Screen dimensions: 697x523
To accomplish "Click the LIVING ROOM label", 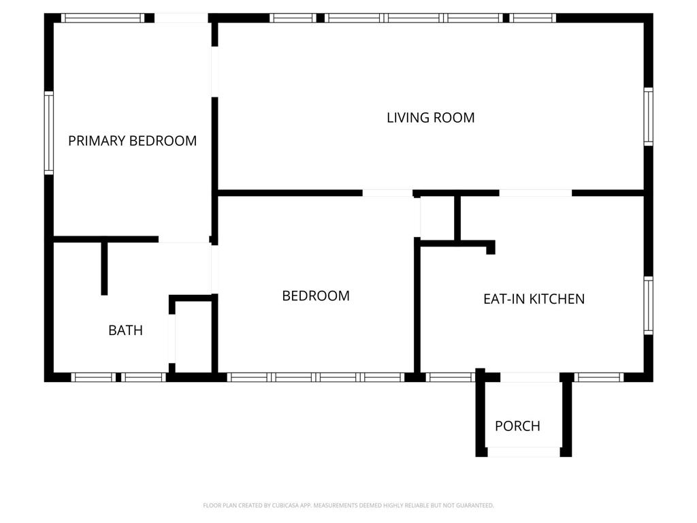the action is pos(430,118).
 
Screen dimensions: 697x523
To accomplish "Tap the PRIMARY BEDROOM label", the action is pos(133,141).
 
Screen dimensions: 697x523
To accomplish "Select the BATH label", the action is pos(125,330).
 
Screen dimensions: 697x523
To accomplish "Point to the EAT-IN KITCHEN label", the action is pos(534,299).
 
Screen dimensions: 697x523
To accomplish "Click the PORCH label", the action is pos(517,426).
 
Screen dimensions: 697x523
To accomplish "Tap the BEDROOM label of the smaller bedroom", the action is pos(316,296).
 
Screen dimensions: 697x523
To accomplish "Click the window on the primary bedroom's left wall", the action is pos(49,133).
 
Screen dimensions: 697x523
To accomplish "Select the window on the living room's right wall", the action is pos(649,116).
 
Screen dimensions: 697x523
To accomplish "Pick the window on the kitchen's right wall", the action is pos(649,306).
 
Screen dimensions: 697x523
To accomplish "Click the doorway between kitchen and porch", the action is pos(530,377).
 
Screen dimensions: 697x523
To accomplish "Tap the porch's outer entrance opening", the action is pos(523,452).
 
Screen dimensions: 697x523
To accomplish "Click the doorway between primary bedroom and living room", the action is pos(214,72).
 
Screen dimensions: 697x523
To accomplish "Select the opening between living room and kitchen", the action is pos(536,193).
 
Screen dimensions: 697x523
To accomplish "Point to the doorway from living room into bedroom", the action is pos(387,193).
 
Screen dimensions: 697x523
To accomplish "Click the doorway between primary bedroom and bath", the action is pos(184,239).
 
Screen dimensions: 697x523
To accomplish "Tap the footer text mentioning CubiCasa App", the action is pos(348,505).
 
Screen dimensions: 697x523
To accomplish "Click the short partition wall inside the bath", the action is pos(104,268).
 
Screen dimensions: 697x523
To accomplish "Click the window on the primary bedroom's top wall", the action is pos(103,18).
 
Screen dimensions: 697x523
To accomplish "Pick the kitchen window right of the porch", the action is pos(599,377).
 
